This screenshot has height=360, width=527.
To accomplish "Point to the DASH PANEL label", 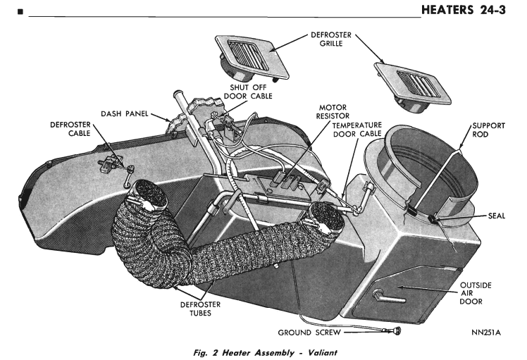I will [x=131, y=113].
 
